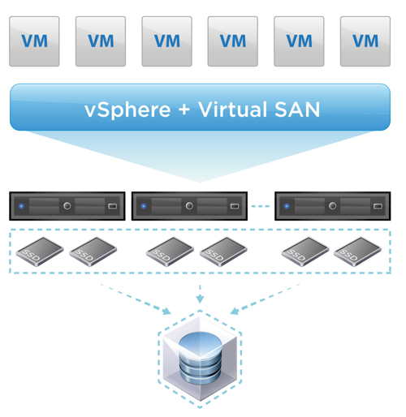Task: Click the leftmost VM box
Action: click(x=34, y=41)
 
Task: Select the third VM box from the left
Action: click(x=166, y=41)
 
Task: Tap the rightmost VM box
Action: click(x=365, y=41)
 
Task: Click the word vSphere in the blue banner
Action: click(x=127, y=110)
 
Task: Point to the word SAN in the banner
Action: click(x=297, y=110)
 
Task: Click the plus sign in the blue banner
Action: click(x=184, y=110)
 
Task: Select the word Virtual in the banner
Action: click(x=232, y=110)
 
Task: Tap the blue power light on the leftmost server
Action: click(x=21, y=206)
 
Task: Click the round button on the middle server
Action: click(x=189, y=206)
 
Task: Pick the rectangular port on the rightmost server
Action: click(x=378, y=206)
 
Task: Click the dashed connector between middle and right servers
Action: click(x=261, y=206)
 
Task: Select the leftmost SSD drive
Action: click(x=40, y=251)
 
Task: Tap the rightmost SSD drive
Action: click(x=357, y=251)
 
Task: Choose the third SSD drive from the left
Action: click(x=170, y=251)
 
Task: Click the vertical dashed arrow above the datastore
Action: click(x=200, y=294)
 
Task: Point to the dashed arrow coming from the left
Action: click(x=136, y=299)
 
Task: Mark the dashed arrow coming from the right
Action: click(x=265, y=299)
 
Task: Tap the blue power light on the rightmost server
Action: click(x=287, y=206)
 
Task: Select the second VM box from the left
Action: click(x=101, y=41)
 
